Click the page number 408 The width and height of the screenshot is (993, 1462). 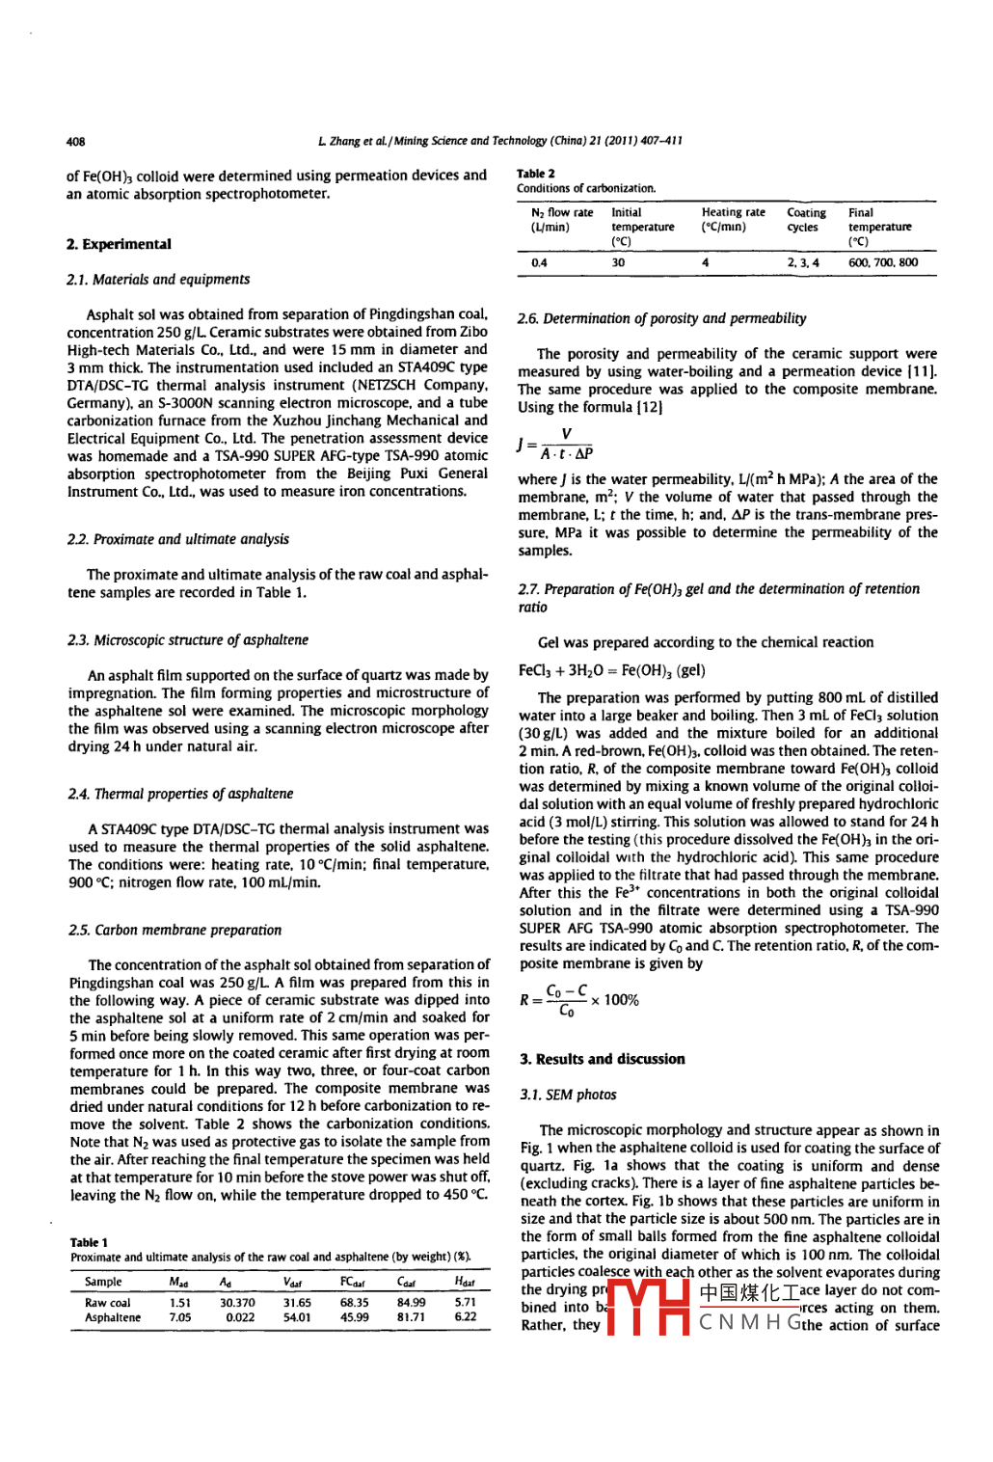75,141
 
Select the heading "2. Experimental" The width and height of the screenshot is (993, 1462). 119,245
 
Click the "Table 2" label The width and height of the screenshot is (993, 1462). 536,174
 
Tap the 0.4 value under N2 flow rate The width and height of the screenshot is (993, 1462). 539,262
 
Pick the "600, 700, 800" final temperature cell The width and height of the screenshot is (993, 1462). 882,262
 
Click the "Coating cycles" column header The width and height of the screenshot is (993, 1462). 806,220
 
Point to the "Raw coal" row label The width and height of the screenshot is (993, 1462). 107,1302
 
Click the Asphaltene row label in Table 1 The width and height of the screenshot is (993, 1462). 112,1317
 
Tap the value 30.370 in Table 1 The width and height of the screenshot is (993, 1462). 237,1302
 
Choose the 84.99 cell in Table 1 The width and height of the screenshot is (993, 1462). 412,1302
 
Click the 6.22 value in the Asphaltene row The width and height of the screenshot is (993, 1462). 465,1317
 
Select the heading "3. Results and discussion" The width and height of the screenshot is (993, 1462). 602,1059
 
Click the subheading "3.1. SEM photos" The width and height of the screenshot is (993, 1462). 568,1095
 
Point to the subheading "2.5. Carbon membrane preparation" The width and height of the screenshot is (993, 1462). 174,930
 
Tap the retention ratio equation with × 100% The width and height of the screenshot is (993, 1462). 578,1000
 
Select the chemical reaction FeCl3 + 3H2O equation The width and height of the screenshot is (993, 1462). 611,670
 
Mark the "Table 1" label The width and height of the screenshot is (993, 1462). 89,1242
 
